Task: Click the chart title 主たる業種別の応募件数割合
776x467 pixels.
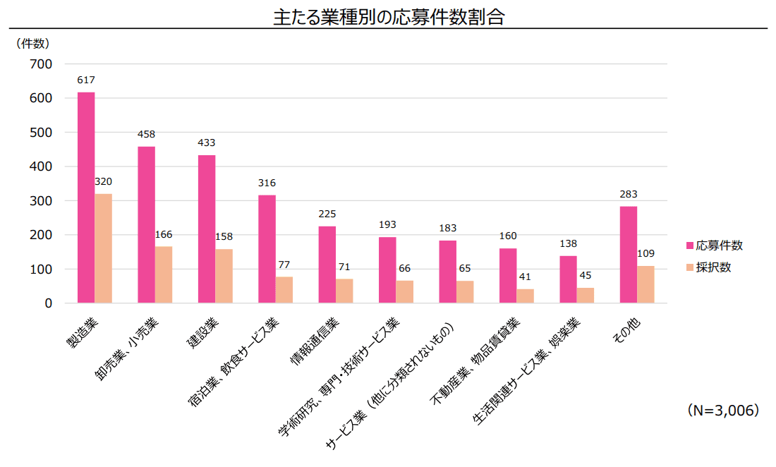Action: click(389, 17)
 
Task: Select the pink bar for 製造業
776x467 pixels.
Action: click(86, 198)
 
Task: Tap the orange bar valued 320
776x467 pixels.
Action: click(104, 248)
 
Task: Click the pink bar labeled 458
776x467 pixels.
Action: click(146, 224)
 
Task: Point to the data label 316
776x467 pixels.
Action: click(267, 183)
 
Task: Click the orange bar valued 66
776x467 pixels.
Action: click(405, 291)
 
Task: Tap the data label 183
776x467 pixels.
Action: click(447, 228)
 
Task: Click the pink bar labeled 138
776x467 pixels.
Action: click(568, 279)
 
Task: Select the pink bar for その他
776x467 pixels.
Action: click(629, 255)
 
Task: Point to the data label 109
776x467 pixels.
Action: click(645, 253)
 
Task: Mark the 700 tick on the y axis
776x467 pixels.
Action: click(42, 64)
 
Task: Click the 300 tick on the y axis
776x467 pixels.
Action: click(42, 201)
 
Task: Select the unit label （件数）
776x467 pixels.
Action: click(32, 43)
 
